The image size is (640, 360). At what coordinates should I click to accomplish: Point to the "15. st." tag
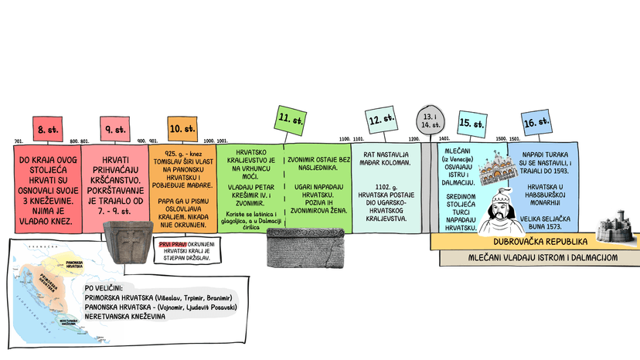471,122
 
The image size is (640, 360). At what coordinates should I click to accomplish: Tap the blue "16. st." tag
535,122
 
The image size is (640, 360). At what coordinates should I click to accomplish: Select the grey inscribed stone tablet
305,248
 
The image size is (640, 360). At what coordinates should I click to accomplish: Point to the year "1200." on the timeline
414,139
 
